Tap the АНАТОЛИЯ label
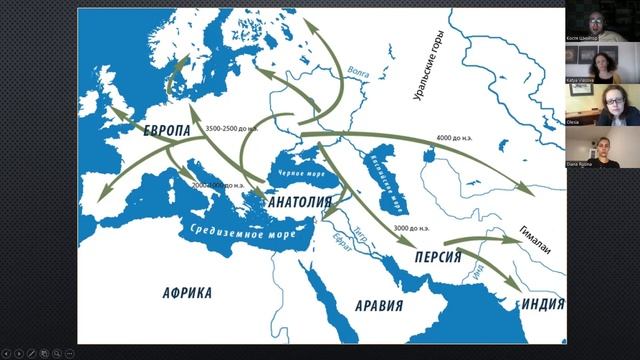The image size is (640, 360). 299,201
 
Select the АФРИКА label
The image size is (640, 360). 186,292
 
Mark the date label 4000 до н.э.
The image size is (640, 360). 461,137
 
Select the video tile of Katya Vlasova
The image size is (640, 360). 603,63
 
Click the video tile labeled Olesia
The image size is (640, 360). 603,105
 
